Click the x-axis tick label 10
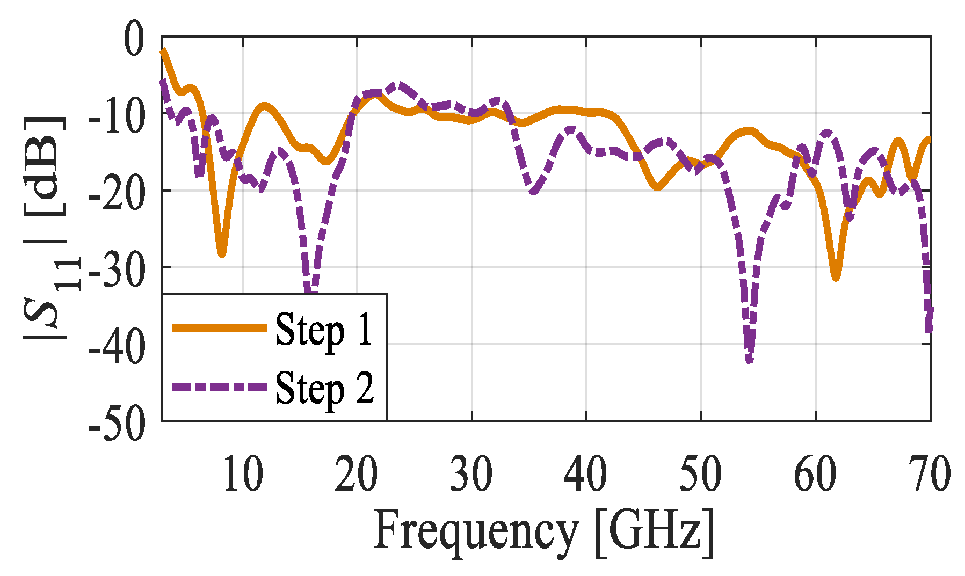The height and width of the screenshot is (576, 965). [243, 474]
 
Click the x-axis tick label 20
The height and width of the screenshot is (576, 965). [356, 474]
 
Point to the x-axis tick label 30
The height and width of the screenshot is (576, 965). [471, 474]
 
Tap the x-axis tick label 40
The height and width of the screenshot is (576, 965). [586, 474]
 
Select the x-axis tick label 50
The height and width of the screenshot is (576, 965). [701, 474]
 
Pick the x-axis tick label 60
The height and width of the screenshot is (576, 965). [815, 474]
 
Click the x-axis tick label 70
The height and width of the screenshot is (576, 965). [930, 474]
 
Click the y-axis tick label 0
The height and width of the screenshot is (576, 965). [134, 39]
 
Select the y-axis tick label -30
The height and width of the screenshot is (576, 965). [117, 269]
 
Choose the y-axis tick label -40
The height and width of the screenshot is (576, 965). [117, 346]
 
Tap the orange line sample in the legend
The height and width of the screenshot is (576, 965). [219, 328]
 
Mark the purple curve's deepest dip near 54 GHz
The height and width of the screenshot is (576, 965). [750, 361]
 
